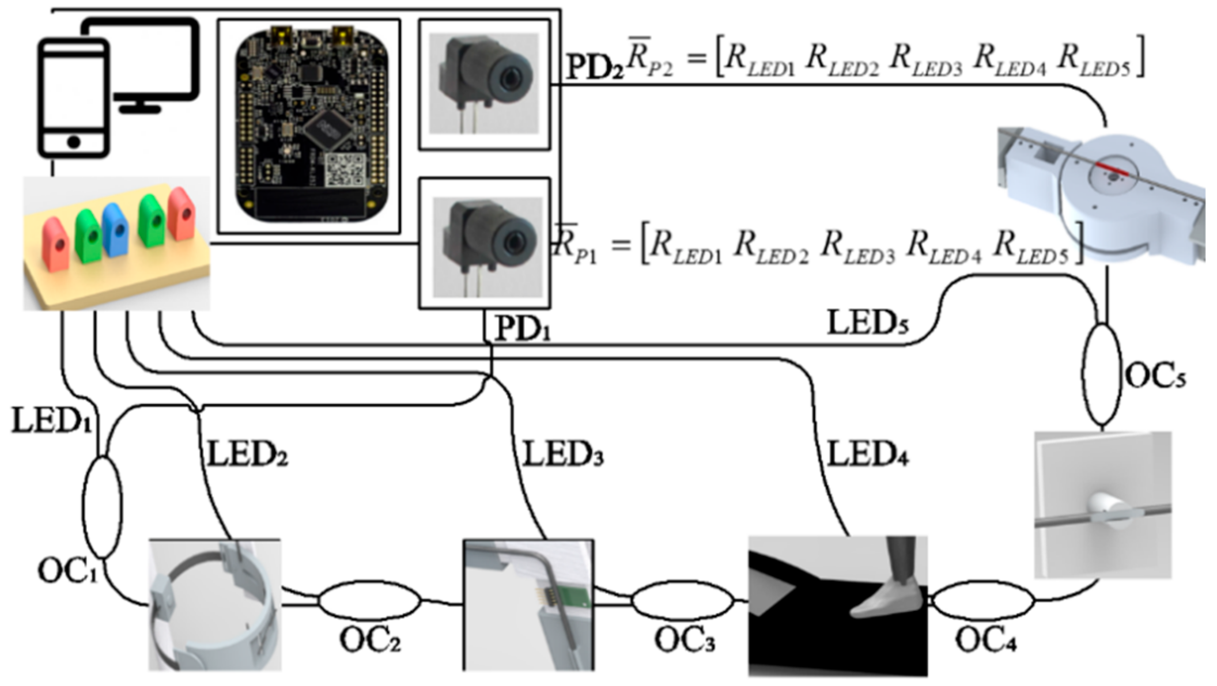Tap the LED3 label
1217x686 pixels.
coord(562,455)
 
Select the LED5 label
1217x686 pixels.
coord(868,323)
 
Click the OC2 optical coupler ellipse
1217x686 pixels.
coord(369,601)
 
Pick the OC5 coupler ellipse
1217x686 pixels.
coord(1101,374)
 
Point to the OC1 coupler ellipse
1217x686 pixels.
coord(102,507)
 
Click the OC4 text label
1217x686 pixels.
coord(985,640)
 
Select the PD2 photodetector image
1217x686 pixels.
coord(484,84)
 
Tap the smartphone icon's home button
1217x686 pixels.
coord(73,142)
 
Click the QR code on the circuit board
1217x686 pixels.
coord(345,170)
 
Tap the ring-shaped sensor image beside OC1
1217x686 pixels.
coord(214,605)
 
